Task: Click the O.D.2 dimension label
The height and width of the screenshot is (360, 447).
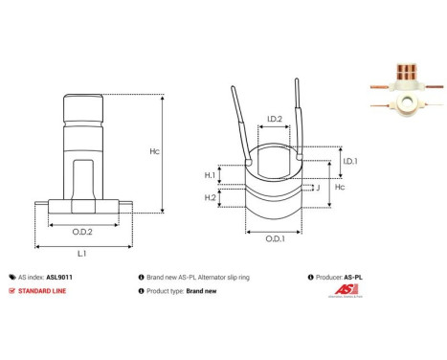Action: pyautogui.click(x=83, y=231)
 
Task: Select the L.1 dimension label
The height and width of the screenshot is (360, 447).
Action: pyautogui.click(x=83, y=253)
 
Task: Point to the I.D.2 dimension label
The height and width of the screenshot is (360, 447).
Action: pyautogui.click(x=273, y=120)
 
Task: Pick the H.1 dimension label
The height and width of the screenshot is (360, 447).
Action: pyautogui.click(x=210, y=175)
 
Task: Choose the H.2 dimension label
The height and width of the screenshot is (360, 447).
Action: pyautogui.click(x=210, y=197)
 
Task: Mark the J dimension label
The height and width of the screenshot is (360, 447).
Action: pyautogui.click(x=317, y=189)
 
